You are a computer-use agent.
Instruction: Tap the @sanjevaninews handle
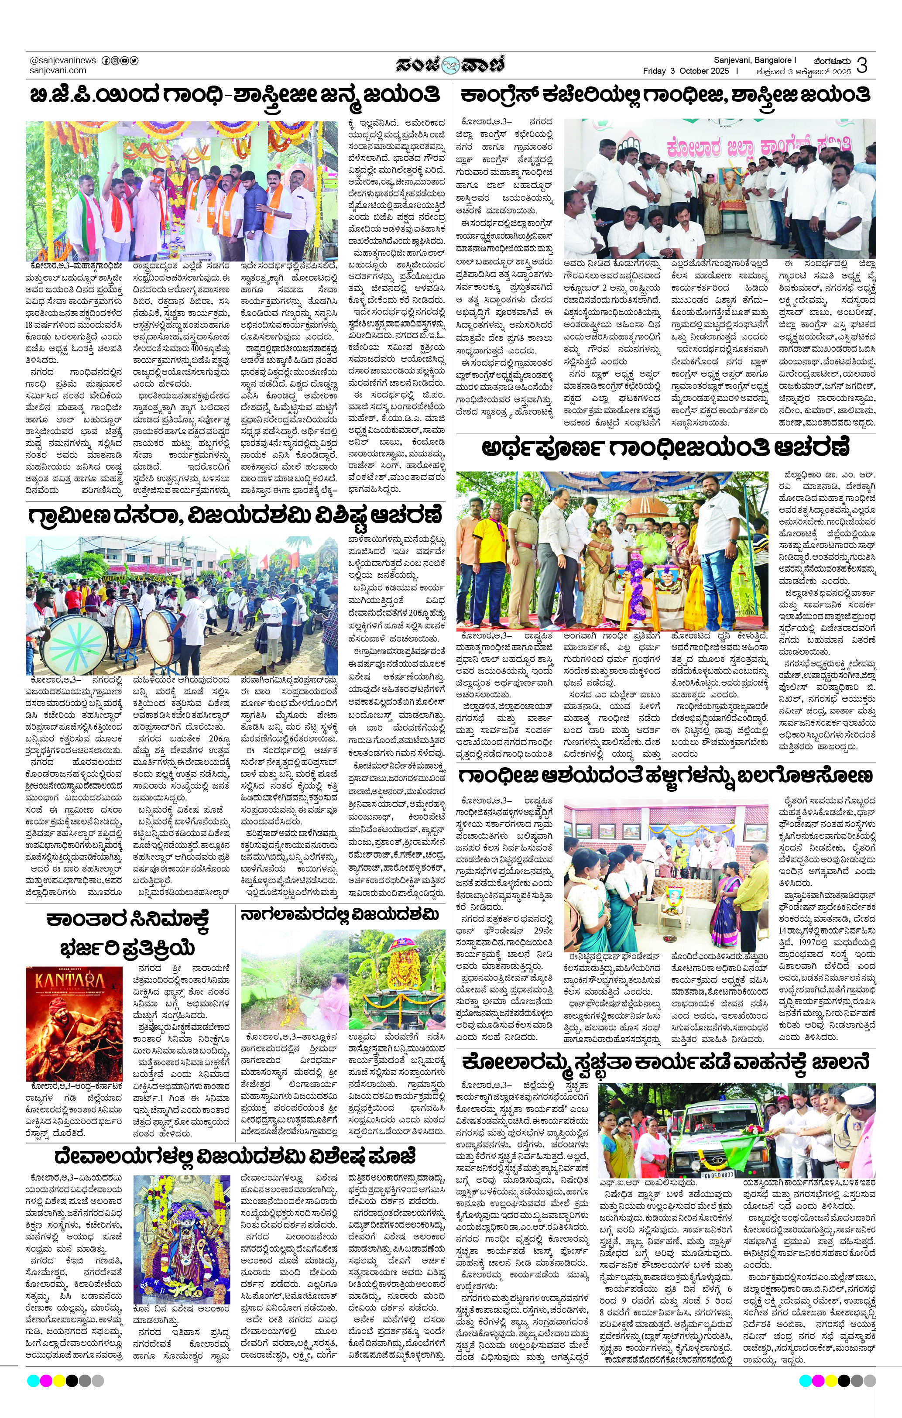[x=62, y=60]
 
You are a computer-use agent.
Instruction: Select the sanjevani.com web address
[x=58, y=70]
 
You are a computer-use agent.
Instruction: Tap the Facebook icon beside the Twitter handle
[x=106, y=60]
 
